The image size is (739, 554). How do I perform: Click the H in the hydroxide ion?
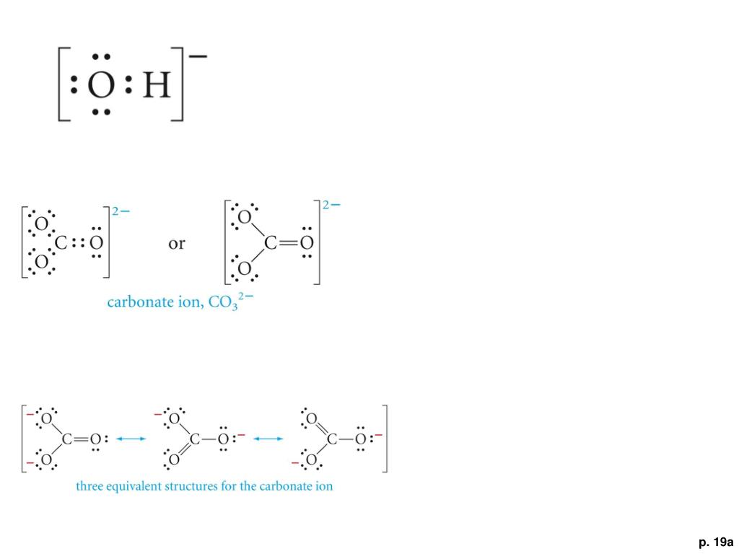tap(157, 87)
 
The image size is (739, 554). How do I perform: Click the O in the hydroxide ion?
tap(100, 87)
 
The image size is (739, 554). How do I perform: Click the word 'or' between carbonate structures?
tap(176, 243)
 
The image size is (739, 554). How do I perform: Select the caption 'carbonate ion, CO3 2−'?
tap(180, 302)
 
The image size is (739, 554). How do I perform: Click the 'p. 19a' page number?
tap(715, 541)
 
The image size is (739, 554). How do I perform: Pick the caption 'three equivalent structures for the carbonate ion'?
tap(204, 486)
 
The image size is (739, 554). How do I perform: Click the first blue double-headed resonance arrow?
tap(131, 438)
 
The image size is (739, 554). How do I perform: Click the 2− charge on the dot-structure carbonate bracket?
tap(121, 211)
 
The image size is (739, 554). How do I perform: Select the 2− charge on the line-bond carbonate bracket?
tap(332, 205)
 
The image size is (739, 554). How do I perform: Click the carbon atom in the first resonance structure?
tap(67, 439)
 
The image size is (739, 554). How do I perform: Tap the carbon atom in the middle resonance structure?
tap(194, 439)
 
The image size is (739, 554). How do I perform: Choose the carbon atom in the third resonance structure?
tap(331, 439)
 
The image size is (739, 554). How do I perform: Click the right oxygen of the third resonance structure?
tap(359, 439)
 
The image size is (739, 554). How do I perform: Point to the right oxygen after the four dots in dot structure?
tap(95, 243)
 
